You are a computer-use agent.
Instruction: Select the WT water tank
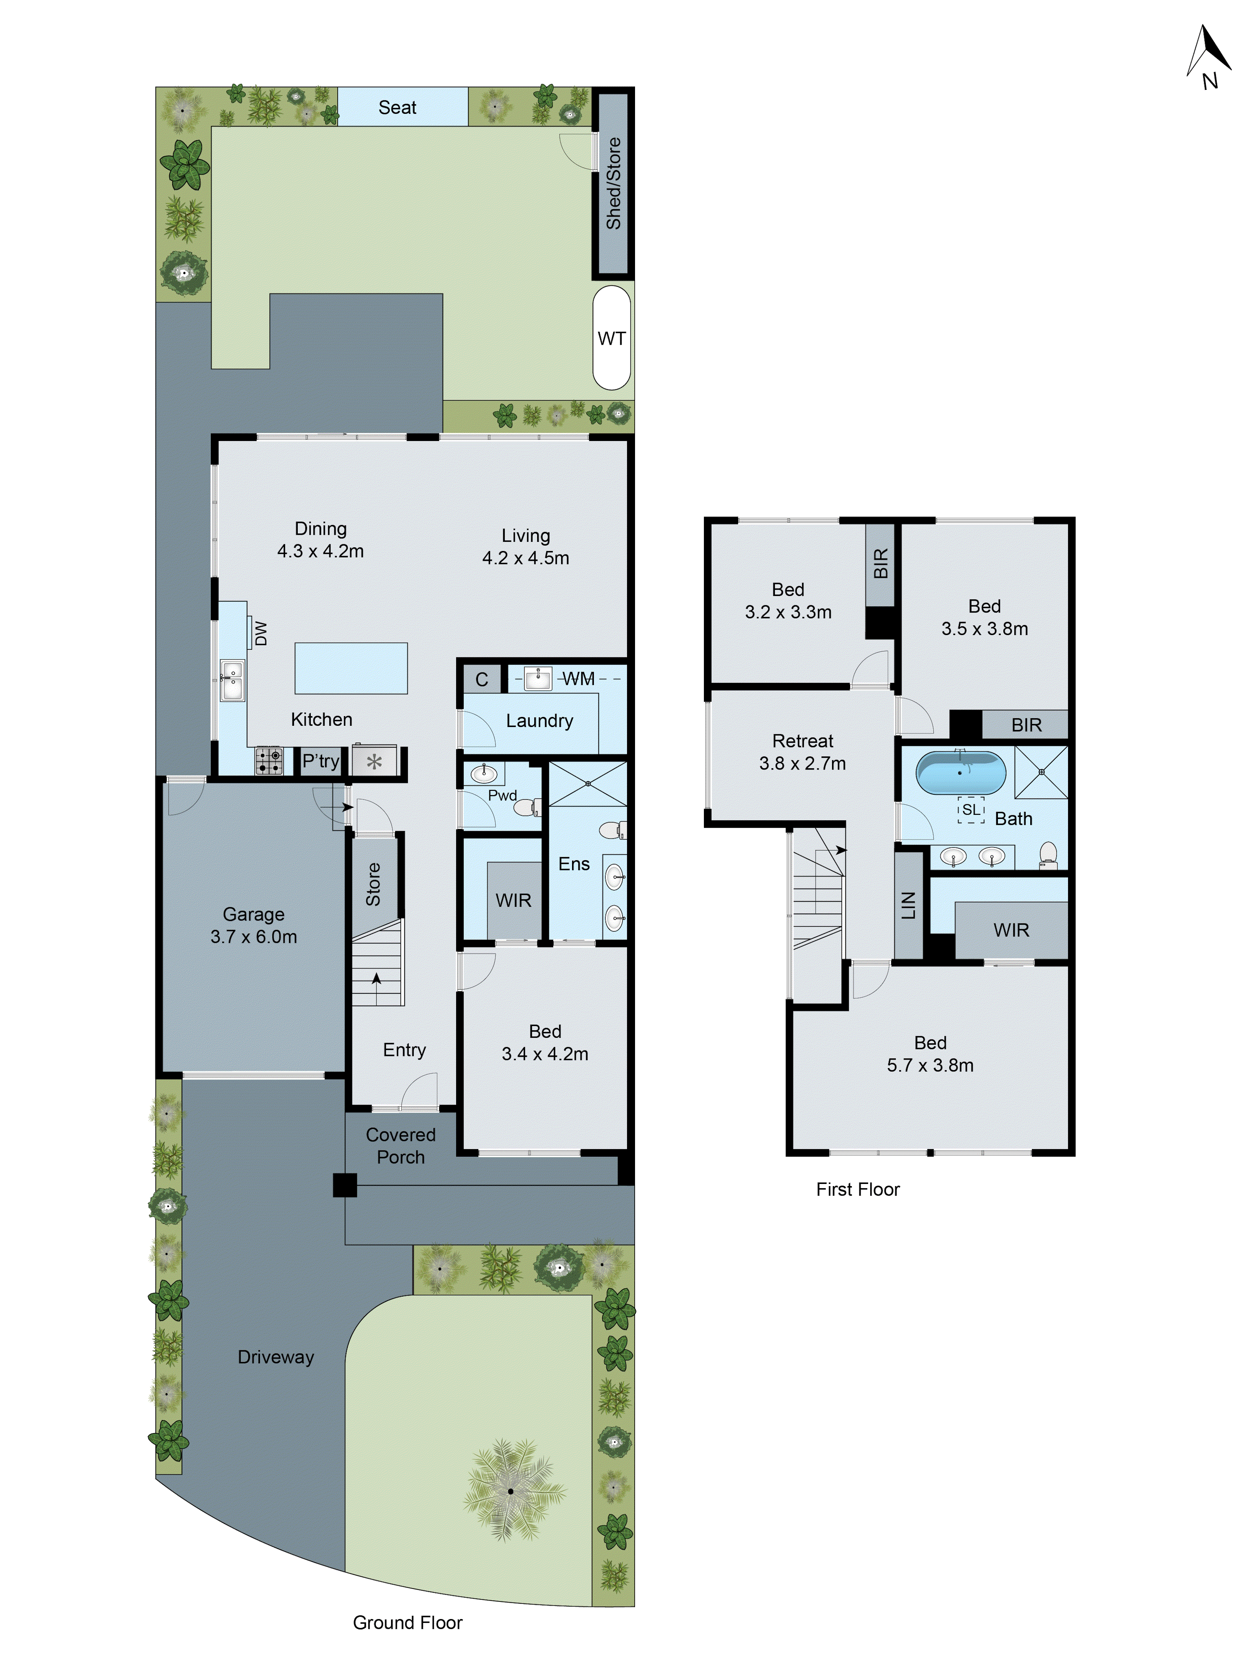pyautogui.click(x=612, y=338)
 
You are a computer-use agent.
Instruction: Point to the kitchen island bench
pyautogui.click(x=351, y=668)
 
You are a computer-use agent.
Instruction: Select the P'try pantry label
pyautogui.click(x=320, y=761)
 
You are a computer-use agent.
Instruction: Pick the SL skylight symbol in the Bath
pyautogui.click(x=971, y=810)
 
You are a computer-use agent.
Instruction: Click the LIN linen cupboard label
pyautogui.click(x=908, y=906)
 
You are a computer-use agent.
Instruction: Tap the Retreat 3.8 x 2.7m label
pyautogui.click(x=802, y=752)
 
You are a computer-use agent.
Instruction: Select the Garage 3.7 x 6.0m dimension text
pyautogui.click(x=254, y=937)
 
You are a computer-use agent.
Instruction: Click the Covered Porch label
pyautogui.click(x=400, y=1145)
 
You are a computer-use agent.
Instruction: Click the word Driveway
pyautogui.click(x=276, y=1357)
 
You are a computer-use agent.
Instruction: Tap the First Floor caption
pyautogui.click(x=858, y=1189)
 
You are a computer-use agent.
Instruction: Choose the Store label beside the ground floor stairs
pyautogui.click(x=373, y=884)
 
